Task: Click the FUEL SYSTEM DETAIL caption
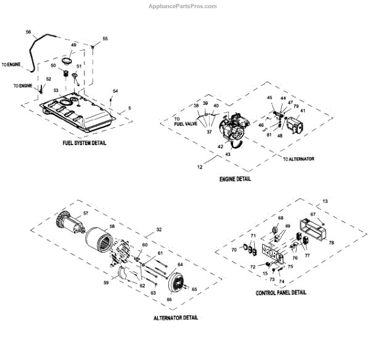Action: pos(85,143)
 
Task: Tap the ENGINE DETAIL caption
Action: pos(235,179)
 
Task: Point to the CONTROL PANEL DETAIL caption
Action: pos(281,293)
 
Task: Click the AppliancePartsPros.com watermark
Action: pos(183,6)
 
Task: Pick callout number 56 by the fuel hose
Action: pos(28,31)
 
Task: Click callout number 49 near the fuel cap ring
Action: pos(73,45)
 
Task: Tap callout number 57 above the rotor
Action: pos(86,213)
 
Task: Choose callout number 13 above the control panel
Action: pos(326,201)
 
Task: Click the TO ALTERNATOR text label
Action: pos(298,159)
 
